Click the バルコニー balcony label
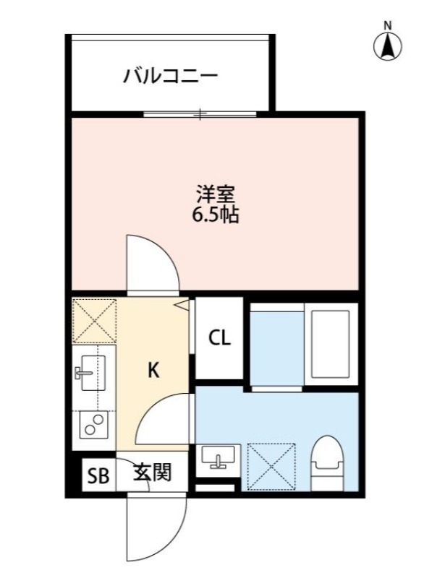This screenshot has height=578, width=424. click(171, 74)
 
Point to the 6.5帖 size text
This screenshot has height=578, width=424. click(215, 215)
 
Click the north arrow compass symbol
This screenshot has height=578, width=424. click(388, 45)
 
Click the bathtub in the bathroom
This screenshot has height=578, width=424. click(331, 343)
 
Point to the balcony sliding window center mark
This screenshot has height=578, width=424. click(200, 114)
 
